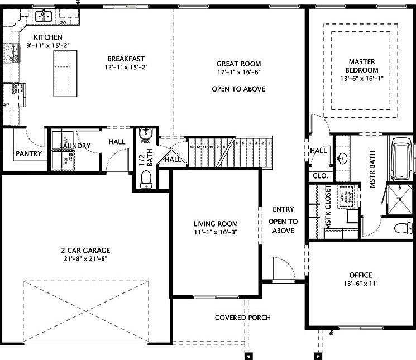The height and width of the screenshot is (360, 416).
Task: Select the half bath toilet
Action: (x=145, y=178)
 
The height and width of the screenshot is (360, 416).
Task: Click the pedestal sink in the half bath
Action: (x=145, y=133)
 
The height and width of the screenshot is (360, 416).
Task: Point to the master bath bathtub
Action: (x=401, y=160)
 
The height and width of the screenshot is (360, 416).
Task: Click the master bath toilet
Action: (x=402, y=228)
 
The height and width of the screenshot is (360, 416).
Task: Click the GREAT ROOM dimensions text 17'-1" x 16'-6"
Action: (x=238, y=72)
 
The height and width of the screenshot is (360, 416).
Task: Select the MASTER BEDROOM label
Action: (x=362, y=66)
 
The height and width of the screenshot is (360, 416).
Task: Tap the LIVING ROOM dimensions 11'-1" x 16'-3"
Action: (x=216, y=232)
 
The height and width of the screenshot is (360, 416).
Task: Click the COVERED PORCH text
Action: (x=242, y=318)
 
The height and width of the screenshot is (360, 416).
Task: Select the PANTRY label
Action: (x=28, y=153)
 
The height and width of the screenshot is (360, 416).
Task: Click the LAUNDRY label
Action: (x=74, y=146)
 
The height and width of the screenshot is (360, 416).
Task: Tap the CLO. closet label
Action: (x=320, y=175)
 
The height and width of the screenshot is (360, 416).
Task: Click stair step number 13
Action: (x=192, y=147)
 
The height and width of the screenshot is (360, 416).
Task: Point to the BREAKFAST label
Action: (x=126, y=58)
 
